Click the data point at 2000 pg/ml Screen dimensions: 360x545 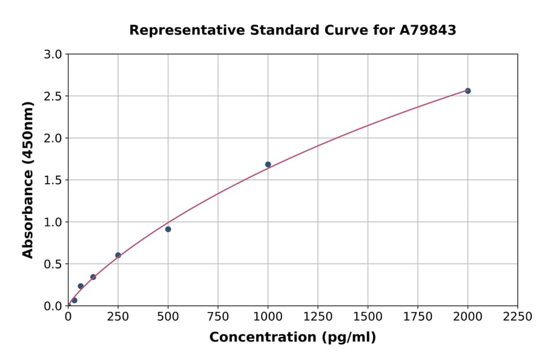point(467,91)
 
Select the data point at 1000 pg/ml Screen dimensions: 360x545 point(268,164)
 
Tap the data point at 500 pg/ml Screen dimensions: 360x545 point(168,229)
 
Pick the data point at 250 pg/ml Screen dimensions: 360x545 point(118,255)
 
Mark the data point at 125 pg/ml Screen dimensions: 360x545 point(93,277)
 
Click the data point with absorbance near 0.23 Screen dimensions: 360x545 point(81,286)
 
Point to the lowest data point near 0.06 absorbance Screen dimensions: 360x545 point(74,300)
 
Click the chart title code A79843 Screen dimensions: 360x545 point(428,30)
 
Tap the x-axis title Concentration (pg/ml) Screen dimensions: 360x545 point(292,337)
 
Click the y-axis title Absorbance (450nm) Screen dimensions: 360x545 point(28,179)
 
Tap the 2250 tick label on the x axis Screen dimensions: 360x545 point(518,316)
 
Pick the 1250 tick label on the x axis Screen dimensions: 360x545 point(318,316)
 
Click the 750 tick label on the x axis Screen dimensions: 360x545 point(218,316)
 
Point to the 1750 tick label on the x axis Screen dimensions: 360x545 point(418,316)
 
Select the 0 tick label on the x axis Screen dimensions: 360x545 point(68,316)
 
